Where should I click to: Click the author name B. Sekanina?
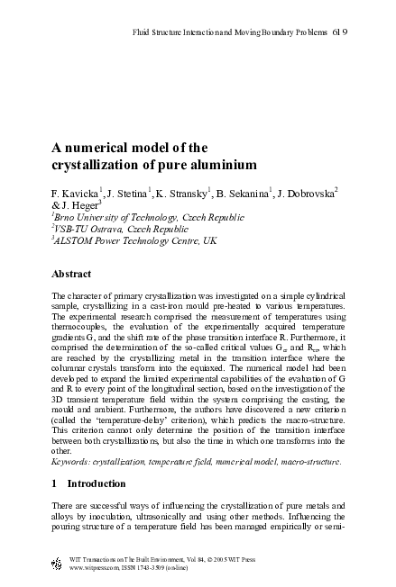point(244,193)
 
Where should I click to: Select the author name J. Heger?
point(68,205)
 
